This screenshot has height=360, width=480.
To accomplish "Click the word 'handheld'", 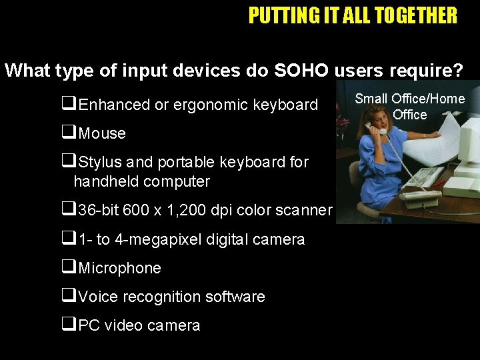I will pyautogui.click(x=105, y=181).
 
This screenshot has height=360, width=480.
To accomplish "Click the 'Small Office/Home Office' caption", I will pyautogui.click(x=409, y=107).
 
